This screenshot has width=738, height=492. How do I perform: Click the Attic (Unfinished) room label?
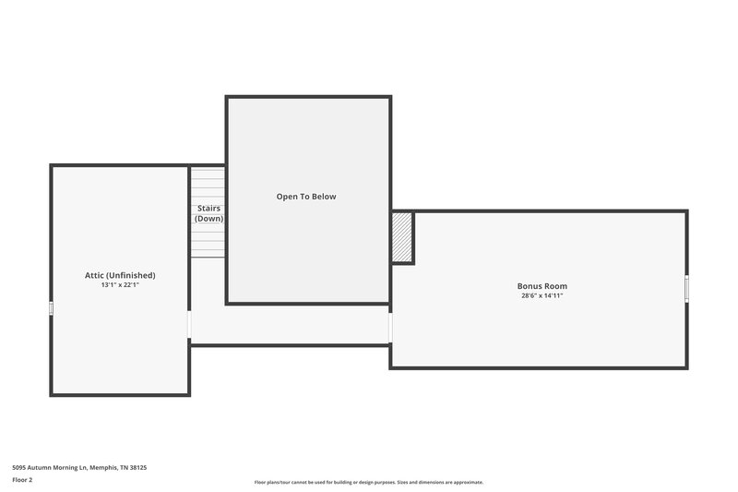(x=120, y=275)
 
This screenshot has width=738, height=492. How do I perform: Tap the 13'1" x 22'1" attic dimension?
(x=120, y=285)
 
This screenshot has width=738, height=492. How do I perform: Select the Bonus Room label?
(x=542, y=286)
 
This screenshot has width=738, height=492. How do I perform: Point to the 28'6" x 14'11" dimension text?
(x=542, y=296)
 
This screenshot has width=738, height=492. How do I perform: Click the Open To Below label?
(x=306, y=197)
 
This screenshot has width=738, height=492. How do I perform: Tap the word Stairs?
(x=208, y=209)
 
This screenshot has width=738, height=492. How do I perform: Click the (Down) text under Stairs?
(x=208, y=219)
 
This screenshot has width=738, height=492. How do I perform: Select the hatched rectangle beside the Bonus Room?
(x=402, y=238)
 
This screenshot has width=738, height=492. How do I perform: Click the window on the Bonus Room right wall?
(x=687, y=289)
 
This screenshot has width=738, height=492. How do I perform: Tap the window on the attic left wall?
(x=51, y=309)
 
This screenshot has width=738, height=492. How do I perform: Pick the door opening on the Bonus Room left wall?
(x=390, y=328)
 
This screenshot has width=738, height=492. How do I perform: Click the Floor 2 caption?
(x=22, y=480)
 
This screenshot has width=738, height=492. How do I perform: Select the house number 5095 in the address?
(x=19, y=468)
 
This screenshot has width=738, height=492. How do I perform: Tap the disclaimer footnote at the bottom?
(x=369, y=482)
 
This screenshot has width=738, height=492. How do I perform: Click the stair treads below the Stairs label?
(x=208, y=242)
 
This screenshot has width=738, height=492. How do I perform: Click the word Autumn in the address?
(x=40, y=468)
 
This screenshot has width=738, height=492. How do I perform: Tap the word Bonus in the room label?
(x=530, y=286)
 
